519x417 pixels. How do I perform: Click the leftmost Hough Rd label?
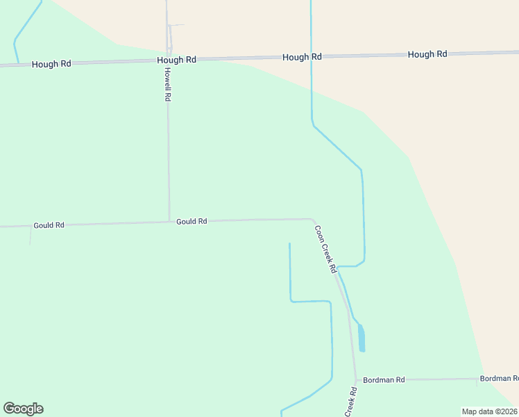pos(51,63)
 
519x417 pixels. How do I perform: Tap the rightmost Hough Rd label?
pos(427,54)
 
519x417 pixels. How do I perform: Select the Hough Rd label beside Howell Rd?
pos(176,60)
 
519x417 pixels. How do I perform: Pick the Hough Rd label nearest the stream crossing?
pos(302,57)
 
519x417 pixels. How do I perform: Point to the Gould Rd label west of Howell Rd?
pos(49,225)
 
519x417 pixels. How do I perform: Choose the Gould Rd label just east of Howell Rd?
pos(192,221)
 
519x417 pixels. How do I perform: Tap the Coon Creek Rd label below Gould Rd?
pos(325,248)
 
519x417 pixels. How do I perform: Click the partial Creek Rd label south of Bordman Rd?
pos(352,402)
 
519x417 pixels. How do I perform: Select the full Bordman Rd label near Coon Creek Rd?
pos(383,379)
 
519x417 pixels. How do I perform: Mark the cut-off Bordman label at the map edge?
pos(499,378)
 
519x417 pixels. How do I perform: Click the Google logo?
pos(23,409)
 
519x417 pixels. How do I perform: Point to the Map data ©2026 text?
pos(489,411)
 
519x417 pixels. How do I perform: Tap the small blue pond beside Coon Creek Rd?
pos(361,338)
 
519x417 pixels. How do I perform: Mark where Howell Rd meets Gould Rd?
pos(169,222)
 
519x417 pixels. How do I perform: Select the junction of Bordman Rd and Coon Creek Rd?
pos(356,380)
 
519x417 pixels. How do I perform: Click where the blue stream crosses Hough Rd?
pos(311,56)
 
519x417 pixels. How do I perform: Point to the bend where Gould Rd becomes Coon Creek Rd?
pos(312,220)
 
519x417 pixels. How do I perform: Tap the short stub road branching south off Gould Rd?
pos(30,235)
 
